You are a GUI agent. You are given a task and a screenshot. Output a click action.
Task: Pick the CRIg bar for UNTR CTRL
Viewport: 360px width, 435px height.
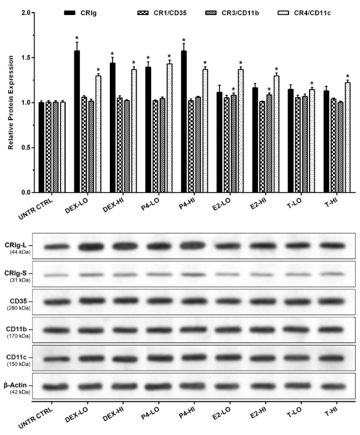[x=41, y=147]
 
